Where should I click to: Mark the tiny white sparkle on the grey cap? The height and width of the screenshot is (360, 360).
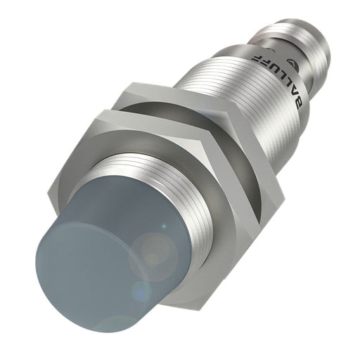pos(163,226)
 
